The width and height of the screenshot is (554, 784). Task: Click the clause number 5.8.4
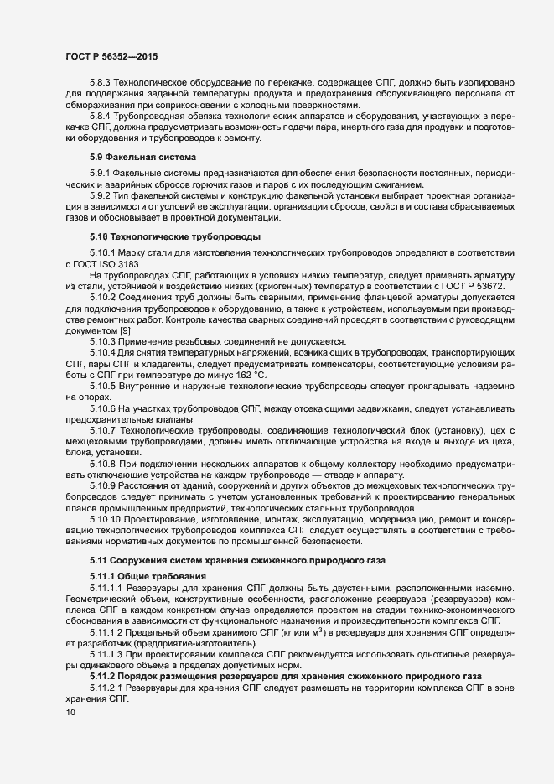(101, 115)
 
